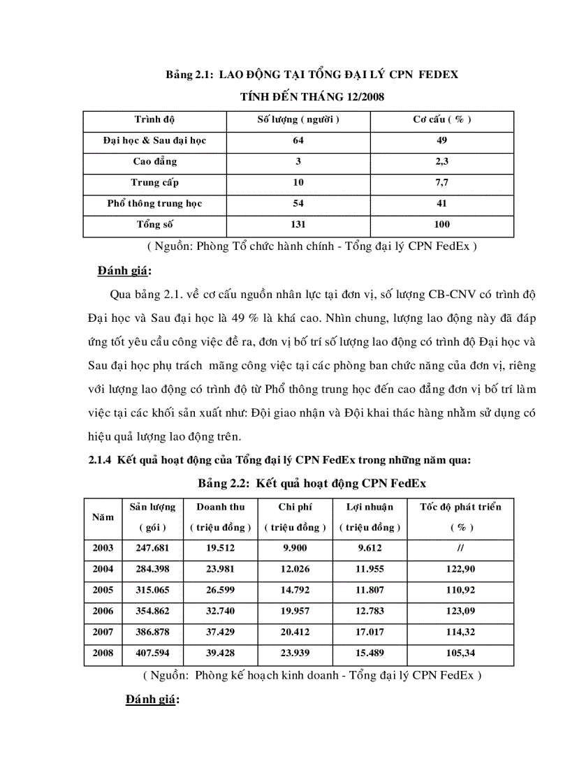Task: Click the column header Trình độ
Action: (154, 119)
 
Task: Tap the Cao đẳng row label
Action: (154, 161)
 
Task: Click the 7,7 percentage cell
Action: (441, 182)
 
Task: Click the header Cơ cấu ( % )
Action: (441, 119)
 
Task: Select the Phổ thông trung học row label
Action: (154, 203)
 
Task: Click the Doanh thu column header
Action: (220, 507)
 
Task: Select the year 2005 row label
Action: (103, 590)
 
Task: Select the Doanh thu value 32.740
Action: (220, 611)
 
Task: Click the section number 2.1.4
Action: (101, 460)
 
